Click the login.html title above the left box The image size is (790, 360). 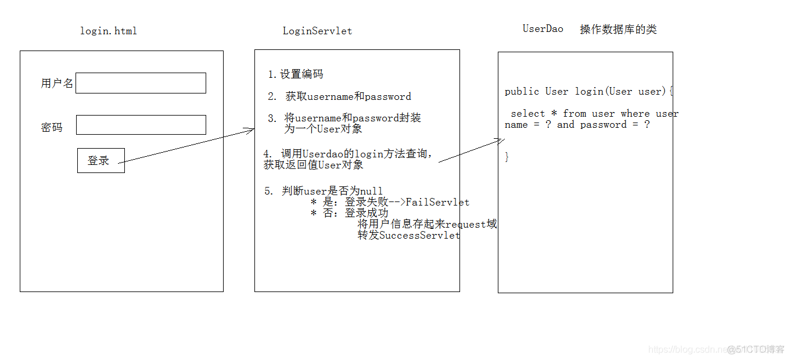[x=109, y=31]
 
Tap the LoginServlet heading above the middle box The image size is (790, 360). [x=317, y=31]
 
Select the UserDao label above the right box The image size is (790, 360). [x=543, y=28]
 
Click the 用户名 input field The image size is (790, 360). [x=141, y=83]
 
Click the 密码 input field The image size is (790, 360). [x=141, y=125]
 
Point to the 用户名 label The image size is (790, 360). [x=57, y=83]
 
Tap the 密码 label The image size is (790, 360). [x=52, y=127]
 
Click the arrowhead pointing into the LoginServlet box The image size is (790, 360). [x=251, y=129]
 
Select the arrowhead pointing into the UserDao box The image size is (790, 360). [x=500, y=140]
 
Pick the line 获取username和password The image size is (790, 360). [x=348, y=97]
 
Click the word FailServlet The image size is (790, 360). [x=437, y=202]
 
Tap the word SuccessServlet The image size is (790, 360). [x=419, y=235]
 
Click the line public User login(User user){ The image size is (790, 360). [x=588, y=91]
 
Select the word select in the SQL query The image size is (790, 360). [x=527, y=113]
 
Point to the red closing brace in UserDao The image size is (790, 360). [x=507, y=157]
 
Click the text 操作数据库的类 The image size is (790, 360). [x=618, y=30]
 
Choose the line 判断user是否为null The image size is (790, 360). [x=332, y=191]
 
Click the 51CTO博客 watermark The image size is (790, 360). [x=756, y=349]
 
